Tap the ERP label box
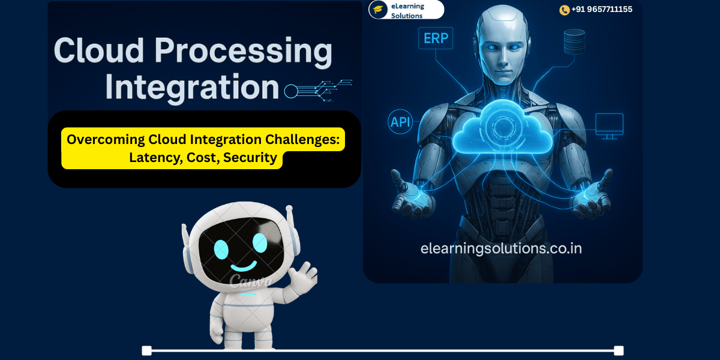(x=436, y=38)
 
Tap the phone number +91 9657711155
(x=601, y=10)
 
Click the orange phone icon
(x=564, y=10)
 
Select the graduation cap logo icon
(x=378, y=10)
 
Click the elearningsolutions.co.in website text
(x=501, y=248)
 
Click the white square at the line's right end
(x=619, y=350)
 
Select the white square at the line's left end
(x=146, y=350)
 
